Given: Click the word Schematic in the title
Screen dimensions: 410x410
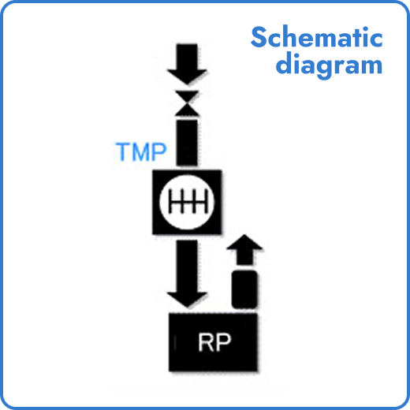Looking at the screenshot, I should coord(317,37).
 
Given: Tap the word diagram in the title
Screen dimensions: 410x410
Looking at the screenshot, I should coord(329,65).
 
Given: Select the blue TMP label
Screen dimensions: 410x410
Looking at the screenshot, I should coord(142,151).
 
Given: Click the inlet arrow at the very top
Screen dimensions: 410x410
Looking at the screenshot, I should coord(187,64).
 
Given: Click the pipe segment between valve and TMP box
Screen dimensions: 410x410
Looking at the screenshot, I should coord(188,142).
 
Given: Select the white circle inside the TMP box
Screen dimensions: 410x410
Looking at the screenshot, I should coord(188,203).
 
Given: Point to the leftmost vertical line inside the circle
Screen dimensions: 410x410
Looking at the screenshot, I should coord(175,203).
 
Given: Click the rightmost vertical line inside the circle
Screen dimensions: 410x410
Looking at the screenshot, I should coord(200,203).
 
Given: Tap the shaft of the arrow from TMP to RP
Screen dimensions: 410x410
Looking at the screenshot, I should coord(188,264).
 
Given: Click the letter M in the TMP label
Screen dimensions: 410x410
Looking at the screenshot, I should coord(142,151).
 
